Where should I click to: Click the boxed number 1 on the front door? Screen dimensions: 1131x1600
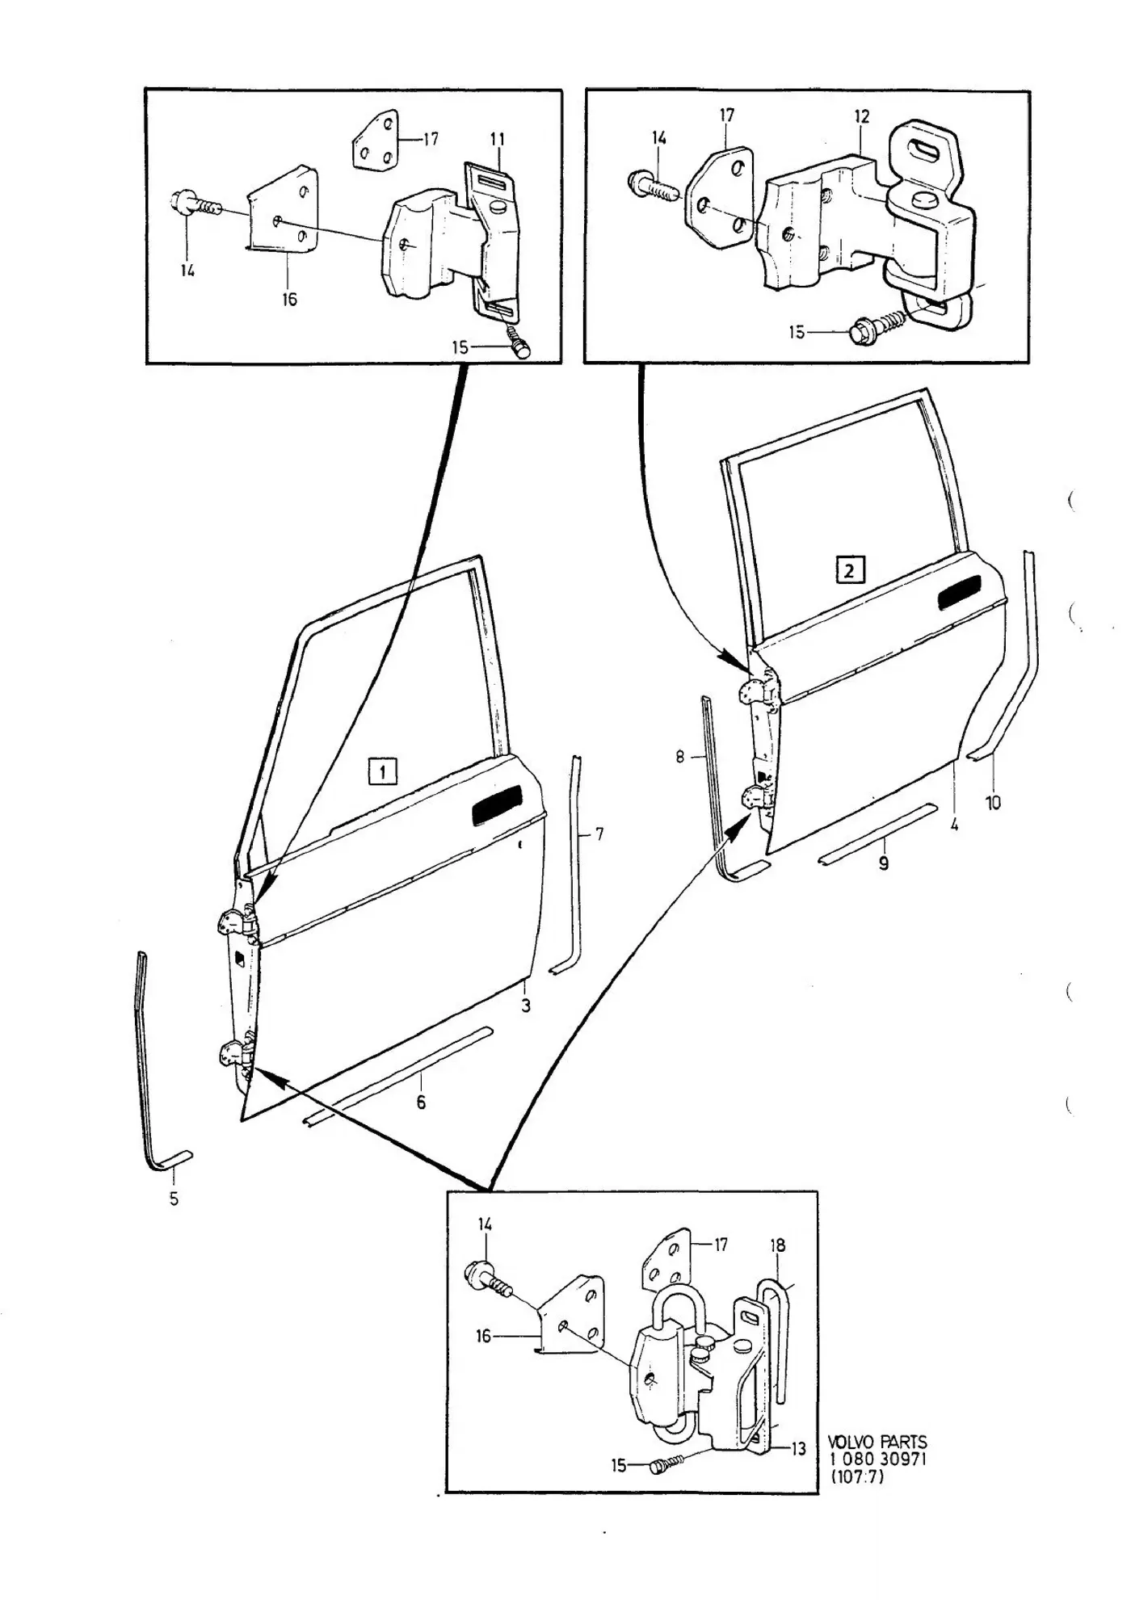coord(382,771)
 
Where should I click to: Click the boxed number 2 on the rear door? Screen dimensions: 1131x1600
coord(850,570)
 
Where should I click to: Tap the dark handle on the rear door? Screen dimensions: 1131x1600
coord(959,593)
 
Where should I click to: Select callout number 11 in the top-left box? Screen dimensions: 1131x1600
coord(497,140)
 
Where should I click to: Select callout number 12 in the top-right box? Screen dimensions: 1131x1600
coord(862,116)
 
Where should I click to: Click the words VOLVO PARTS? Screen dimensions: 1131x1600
coord(877,1442)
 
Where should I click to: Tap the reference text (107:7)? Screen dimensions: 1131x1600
coord(857,1476)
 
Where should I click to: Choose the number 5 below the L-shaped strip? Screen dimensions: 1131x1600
coord(174,1199)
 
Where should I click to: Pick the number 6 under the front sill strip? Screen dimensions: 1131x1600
coord(421,1102)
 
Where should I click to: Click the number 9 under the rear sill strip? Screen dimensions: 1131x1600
coord(884,863)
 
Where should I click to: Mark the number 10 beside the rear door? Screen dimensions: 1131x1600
coord(993,803)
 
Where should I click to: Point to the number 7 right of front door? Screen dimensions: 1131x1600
coord(599,834)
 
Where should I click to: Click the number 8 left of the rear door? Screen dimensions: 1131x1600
coord(680,757)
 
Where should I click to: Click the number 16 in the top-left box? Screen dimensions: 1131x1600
coord(289,299)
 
